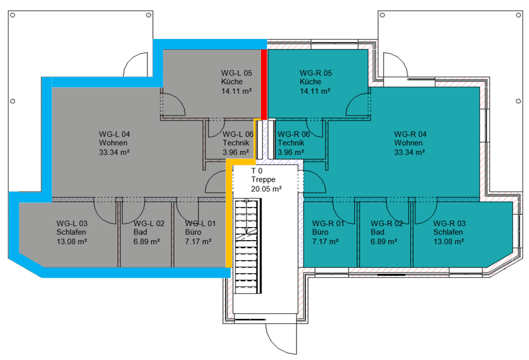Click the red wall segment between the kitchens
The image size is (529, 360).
point(264,84)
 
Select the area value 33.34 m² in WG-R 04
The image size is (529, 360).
point(410,152)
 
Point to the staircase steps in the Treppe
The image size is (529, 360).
point(247,246)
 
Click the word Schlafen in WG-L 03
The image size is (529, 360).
point(71,232)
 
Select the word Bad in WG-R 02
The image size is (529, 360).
point(377,232)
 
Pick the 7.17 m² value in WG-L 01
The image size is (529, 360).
point(198,242)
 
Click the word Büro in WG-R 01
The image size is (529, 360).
point(320,232)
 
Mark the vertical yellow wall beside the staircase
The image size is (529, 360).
point(229,213)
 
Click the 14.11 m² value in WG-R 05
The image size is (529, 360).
point(315,91)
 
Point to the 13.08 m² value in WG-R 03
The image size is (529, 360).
point(449,242)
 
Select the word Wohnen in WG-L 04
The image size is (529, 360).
point(113,143)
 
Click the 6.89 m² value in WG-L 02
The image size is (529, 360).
point(147,242)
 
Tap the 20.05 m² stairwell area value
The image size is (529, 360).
point(267,189)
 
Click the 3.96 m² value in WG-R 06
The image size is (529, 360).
point(291,152)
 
